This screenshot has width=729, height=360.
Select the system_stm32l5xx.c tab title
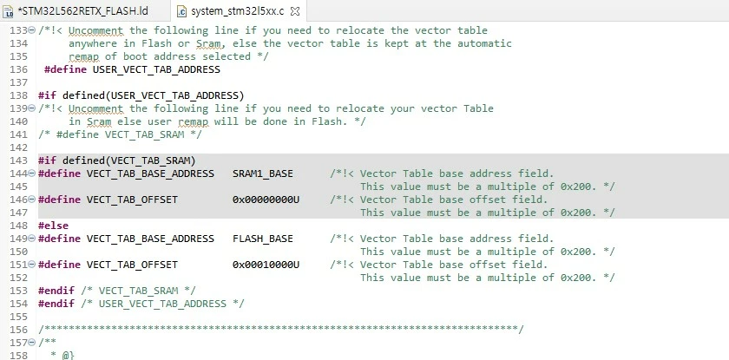(x=237, y=11)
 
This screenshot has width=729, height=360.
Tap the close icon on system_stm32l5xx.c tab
(x=295, y=11)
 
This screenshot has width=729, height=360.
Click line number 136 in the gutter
(x=18, y=69)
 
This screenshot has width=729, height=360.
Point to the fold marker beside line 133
(x=31, y=30)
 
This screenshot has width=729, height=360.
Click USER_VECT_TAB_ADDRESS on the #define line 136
(x=156, y=69)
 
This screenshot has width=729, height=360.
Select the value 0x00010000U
(x=266, y=265)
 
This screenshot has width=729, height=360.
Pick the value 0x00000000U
(x=266, y=200)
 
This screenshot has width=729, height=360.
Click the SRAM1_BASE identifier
(x=263, y=173)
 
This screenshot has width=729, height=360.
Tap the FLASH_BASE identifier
(x=263, y=239)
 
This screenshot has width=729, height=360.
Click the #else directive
(x=53, y=226)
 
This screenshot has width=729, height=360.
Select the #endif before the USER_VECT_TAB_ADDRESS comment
(x=56, y=304)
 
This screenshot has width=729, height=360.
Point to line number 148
(x=18, y=226)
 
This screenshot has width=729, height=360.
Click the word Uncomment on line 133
(x=95, y=30)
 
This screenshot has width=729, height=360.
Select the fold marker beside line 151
(x=31, y=265)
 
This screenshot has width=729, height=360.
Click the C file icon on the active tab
(x=181, y=11)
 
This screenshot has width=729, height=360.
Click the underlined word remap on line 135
(x=83, y=57)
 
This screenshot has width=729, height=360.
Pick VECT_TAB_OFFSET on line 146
(x=132, y=200)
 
